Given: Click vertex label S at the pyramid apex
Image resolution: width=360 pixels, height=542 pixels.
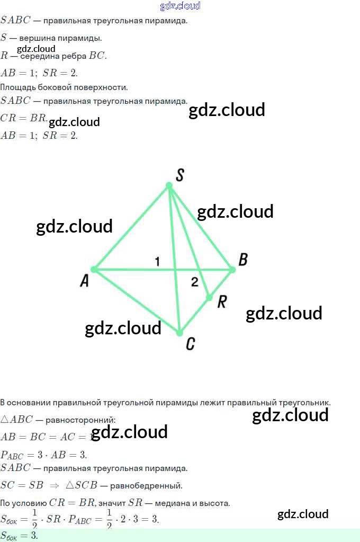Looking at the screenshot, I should [x=179, y=175].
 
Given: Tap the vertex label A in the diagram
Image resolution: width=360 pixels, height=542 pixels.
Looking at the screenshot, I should [x=84, y=281].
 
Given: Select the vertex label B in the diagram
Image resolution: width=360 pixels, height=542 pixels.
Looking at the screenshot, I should [x=243, y=260].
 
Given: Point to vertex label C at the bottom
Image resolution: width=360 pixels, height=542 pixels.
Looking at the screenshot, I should [x=191, y=344].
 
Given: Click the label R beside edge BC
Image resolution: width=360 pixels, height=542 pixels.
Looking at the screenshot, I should [x=222, y=302].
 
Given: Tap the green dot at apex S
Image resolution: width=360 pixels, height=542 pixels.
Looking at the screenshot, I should [x=169, y=185].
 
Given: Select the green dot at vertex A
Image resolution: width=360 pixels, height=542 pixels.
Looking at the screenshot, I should [x=94, y=270].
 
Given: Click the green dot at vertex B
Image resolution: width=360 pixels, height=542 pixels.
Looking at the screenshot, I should [x=232, y=270].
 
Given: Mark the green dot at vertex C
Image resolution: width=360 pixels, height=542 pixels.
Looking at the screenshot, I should [x=179, y=333].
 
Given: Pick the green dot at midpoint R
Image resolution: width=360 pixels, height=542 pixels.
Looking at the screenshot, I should [x=209, y=297].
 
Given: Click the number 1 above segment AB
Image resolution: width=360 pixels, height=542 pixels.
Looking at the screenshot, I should [x=157, y=261].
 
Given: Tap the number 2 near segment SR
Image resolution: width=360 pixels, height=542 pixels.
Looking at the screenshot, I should [x=194, y=282].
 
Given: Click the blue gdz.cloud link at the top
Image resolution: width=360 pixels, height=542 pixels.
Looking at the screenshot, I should [x=180, y=6].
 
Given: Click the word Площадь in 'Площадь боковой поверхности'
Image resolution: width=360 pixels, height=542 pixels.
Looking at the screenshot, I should [x=15, y=87].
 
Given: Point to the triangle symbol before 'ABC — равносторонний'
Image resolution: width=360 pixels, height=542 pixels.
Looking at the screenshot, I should [x=5, y=420].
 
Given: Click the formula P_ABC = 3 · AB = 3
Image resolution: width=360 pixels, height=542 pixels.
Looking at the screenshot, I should [x=43, y=455].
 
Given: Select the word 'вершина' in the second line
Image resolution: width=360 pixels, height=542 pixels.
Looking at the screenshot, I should [x=34, y=38].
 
